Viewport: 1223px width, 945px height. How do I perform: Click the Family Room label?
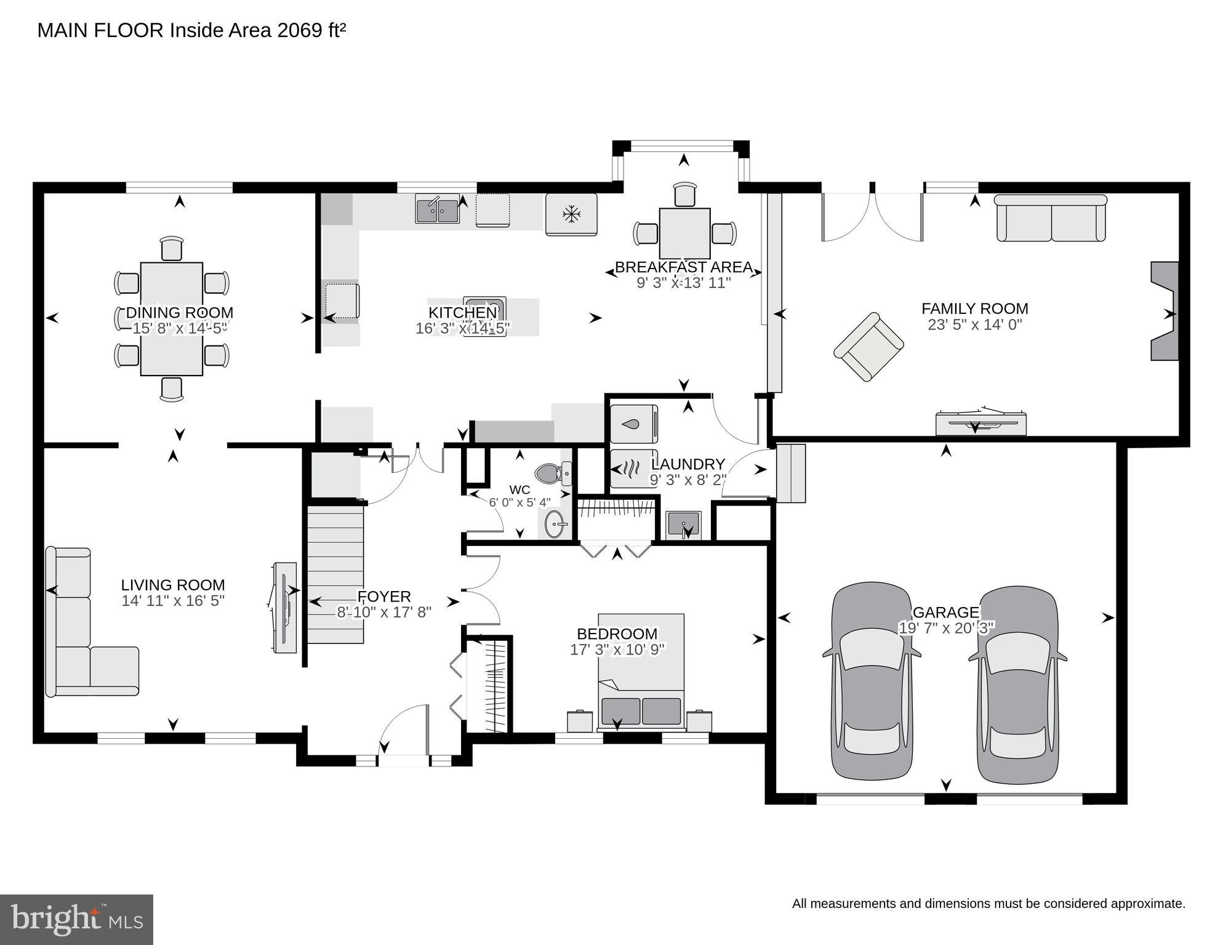(x=974, y=308)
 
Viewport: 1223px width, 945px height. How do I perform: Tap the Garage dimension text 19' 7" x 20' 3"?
(x=947, y=628)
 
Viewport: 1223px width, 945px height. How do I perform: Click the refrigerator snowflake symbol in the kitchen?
(x=572, y=214)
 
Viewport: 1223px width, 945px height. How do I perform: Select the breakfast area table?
(x=684, y=233)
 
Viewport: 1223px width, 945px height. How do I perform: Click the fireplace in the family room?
(x=1165, y=311)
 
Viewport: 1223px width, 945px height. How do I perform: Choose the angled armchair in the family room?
(x=868, y=347)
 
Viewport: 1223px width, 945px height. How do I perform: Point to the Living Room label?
(x=173, y=585)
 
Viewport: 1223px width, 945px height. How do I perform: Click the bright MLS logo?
(x=76, y=919)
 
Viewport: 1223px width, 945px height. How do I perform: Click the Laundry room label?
(x=688, y=464)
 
